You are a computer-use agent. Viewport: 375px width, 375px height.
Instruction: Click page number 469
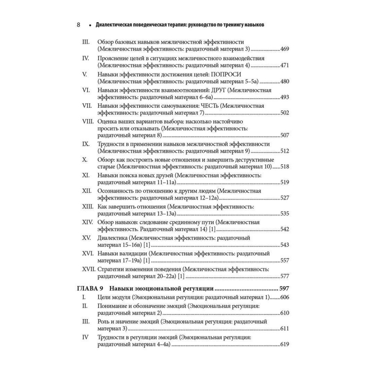[285, 49]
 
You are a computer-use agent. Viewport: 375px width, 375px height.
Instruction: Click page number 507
[285, 135]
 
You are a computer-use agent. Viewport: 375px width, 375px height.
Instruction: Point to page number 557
[285, 261]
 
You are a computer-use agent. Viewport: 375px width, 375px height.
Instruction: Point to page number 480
[285, 81]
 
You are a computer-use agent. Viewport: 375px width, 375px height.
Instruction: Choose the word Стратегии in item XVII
[111, 269]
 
